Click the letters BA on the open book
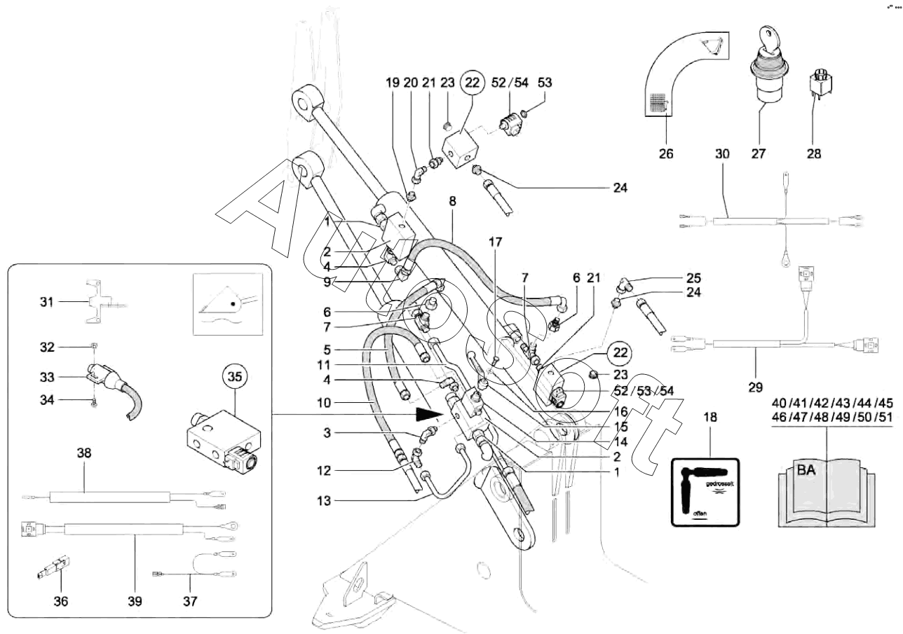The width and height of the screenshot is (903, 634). coord(806,470)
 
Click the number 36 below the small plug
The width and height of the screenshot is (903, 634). coord(60,600)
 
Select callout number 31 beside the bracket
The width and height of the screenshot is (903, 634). coord(46,302)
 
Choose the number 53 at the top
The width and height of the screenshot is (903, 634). coord(544,83)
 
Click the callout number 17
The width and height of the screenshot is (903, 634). coord(496,243)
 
